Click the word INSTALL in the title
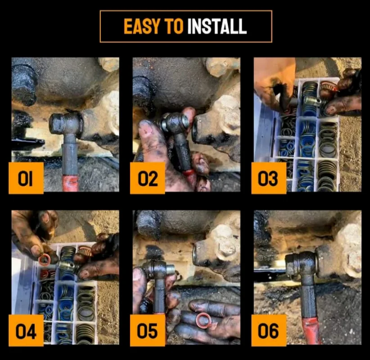(x=217, y=27)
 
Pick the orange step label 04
(x=26, y=331)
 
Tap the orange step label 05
(x=148, y=331)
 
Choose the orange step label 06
(x=269, y=331)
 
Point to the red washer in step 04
(x=44, y=260)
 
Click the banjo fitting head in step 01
(x=65, y=124)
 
